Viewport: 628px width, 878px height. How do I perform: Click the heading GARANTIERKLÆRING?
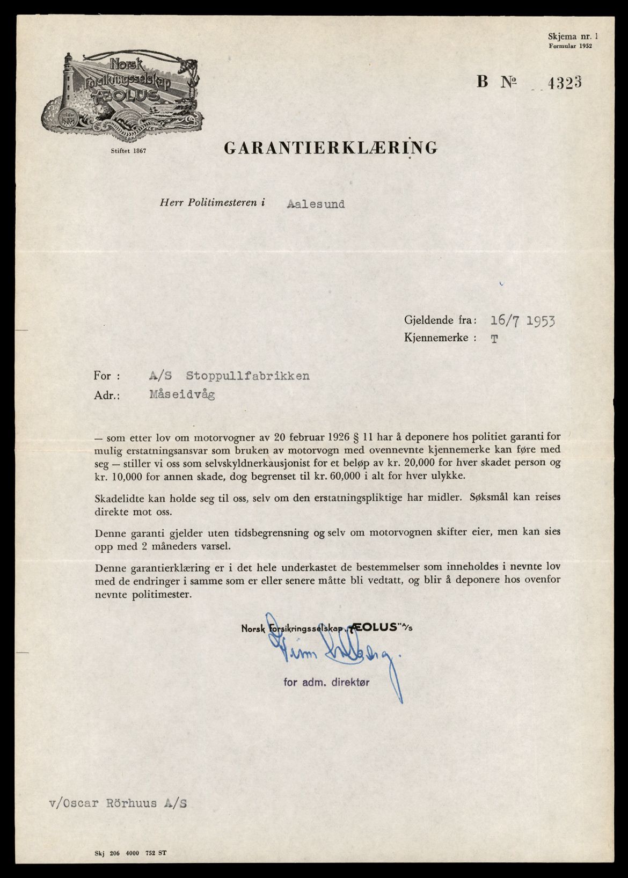point(330,148)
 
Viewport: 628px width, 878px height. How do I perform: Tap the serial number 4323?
point(563,82)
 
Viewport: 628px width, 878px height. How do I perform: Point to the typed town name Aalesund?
point(316,204)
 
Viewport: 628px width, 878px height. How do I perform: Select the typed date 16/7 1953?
point(523,321)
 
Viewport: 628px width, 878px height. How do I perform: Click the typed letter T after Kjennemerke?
point(493,339)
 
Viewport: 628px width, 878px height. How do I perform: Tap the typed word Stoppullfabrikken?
point(247,376)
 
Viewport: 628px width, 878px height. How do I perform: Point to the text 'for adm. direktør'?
point(326,682)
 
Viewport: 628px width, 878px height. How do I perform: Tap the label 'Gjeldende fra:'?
point(440,320)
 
